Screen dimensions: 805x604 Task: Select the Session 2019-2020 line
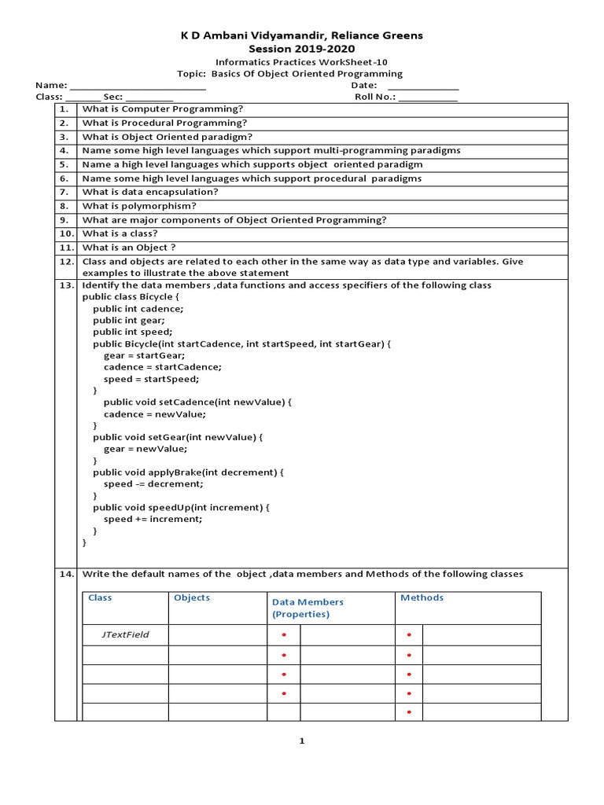(x=302, y=48)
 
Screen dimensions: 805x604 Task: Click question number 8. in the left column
(x=65, y=206)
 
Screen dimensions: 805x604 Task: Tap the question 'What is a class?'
(x=120, y=233)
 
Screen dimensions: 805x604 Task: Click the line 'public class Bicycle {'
(x=131, y=297)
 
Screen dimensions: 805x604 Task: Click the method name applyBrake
(x=173, y=472)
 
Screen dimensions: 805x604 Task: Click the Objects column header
(x=192, y=597)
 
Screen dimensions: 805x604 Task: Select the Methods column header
(x=422, y=597)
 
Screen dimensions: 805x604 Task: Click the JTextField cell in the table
(x=125, y=634)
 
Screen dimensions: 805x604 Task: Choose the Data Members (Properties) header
(x=308, y=608)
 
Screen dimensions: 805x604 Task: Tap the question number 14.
(x=65, y=575)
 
